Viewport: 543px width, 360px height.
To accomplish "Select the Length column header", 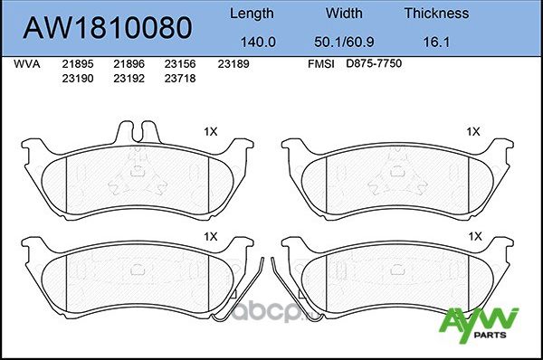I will coord(252,14).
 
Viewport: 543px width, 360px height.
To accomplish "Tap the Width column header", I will coord(343,14).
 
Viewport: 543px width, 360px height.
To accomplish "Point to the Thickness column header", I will coord(436,14).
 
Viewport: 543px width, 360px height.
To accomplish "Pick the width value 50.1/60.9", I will coord(343,41).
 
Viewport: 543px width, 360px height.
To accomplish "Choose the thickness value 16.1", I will coord(436,41).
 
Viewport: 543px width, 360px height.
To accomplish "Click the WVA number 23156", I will coord(178,64).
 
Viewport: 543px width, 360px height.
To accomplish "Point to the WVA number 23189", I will coord(233,64).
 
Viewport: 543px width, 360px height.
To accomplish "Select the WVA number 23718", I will coord(178,78).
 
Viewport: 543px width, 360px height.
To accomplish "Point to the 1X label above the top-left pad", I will coord(211,131).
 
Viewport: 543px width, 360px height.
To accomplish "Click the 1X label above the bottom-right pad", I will coord(472,235).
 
